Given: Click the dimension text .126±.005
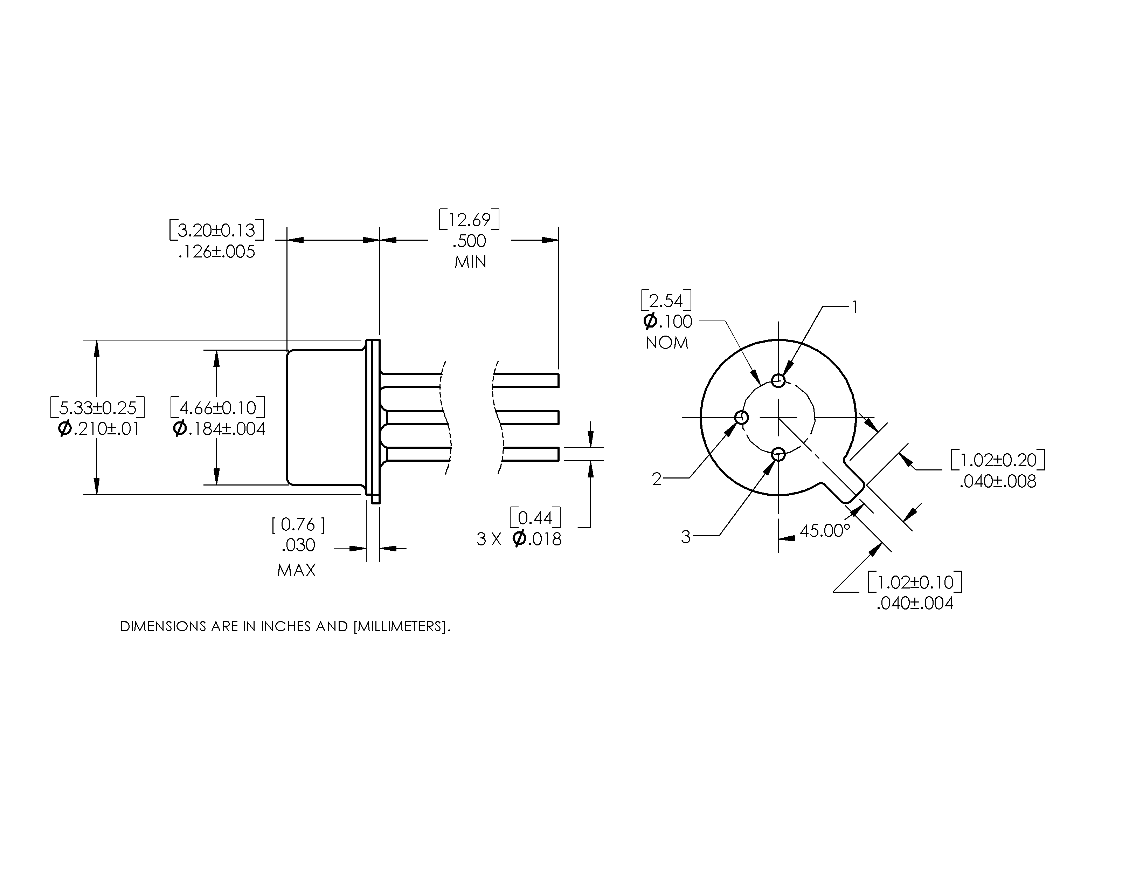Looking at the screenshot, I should [217, 252].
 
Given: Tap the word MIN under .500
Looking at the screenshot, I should [470, 262].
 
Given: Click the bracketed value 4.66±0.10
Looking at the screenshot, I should [218, 407].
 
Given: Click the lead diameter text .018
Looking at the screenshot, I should [544, 539].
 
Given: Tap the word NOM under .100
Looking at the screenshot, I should [667, 343].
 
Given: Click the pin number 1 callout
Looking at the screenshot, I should [855, 307].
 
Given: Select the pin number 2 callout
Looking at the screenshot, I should [657, 479].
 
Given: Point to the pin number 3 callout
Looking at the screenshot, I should [686, 537].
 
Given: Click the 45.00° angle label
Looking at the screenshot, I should [825, 531].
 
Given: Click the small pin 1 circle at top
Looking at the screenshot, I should [778, 380].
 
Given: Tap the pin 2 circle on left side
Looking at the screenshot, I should [742, 417].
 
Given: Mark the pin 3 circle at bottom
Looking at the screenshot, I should [778, 454].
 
